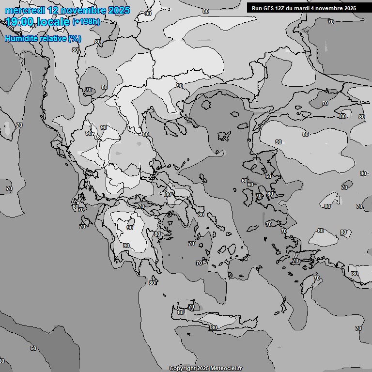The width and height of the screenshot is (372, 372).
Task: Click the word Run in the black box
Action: click(x=256, y=8)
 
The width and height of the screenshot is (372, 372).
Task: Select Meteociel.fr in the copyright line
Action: click(x=226, y=368)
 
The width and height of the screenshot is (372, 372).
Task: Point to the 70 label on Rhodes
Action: click(x=317, y=279)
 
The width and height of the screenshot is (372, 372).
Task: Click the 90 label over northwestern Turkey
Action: click(x=279, y=142)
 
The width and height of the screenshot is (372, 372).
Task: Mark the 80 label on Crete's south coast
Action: click(x=214, y=328)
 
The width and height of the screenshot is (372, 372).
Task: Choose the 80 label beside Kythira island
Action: click(x=152, y=283)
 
